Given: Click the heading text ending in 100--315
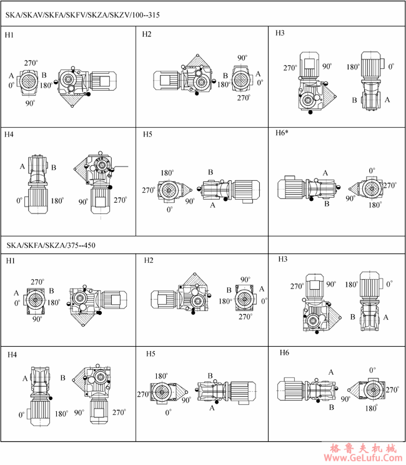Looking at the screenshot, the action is [82, 15].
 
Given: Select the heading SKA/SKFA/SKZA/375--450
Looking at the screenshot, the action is [51, 245].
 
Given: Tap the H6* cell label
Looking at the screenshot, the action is [282, 133].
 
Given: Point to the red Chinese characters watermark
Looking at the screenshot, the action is [363, 447].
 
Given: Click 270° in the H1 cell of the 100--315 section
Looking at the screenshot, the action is [31, 63].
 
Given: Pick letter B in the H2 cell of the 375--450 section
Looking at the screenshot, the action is [229, 290].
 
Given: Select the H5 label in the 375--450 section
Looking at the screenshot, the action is [151, 354].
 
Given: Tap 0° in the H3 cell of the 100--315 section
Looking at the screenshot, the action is [391, 66].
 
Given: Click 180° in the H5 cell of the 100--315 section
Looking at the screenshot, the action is [167, 173].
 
